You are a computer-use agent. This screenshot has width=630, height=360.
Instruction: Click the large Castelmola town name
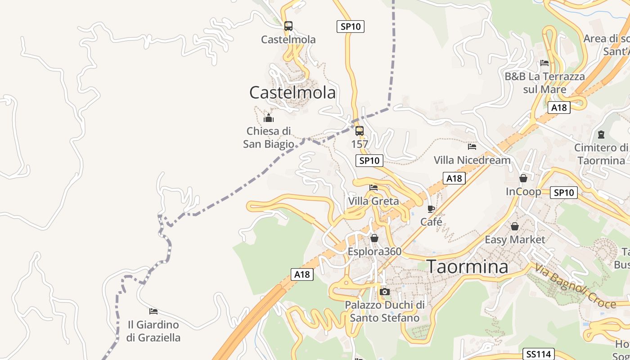(x=292, y=92)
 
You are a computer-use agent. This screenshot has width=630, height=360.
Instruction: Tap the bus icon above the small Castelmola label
(x=288, y=26)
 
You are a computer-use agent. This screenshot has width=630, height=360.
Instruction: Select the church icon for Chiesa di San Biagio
(x=269, y=118)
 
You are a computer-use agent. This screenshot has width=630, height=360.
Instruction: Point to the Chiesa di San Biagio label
(x=268, y=137)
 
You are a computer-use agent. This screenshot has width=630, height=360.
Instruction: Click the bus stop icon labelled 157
(x=360, y=131)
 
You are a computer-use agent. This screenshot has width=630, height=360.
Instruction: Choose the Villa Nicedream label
(x=472, y=160)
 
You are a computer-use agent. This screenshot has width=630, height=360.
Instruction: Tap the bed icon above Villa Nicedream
(x=472, y=146)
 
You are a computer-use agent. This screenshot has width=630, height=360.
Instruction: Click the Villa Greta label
(x=373, y=201)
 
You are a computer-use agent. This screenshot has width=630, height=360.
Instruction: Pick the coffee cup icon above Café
(x=431, y=209)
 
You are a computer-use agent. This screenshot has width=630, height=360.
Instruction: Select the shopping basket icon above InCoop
(x=523, y=178)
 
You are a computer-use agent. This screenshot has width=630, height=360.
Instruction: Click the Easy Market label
(x=515, y=239)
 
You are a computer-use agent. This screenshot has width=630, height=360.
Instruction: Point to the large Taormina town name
(x=468, y=266)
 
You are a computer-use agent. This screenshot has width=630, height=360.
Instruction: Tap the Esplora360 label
(x=374, y=251)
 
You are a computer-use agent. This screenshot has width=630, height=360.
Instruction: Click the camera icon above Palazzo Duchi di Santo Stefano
(x=384, y=292)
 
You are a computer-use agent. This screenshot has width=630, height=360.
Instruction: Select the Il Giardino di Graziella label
(x=153, y=331)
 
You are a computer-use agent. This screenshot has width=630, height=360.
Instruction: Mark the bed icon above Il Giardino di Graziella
(x=153, y=311)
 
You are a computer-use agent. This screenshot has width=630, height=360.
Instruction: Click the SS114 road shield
(x=538, y=354)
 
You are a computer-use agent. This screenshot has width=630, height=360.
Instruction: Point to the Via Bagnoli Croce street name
(x=575, y=286)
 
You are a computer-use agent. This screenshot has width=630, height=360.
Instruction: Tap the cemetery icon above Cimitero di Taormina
(x=601, y=134)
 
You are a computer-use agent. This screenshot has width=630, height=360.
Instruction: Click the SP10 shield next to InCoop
(x=564, y=193)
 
